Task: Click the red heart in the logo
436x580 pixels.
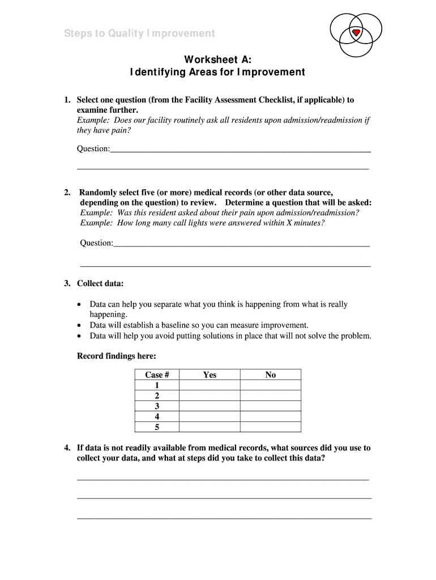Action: pyautogui.click(x=356, y=33)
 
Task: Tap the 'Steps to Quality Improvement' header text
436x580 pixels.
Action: pyautogui.click(x=139, y=33)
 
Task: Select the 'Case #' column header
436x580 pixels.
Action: pyautogui.click(x=157, y=374)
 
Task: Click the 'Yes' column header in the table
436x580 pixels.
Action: pyautogui.click(x=210, y=374)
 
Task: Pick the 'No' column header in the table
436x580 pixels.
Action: pyautogui.click(x=270, y=374)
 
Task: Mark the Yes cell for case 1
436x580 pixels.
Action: pyautogui.click(x=210, y=385)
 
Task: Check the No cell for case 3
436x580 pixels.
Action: pyautogui.click(x=270, y=406)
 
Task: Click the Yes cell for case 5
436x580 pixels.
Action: pyautogui.click(x=210, y=427)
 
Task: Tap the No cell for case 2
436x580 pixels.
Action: pyautogui.click(x=270, y=395)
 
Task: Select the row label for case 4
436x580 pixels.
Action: pyautogui.click(x=157, y=417)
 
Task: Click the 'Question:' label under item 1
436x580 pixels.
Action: pyautogui.click(x=93, y=148)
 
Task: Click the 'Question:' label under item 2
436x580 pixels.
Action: pyautogui.click(x=97, y=242)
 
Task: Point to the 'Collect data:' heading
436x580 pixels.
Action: pyautogui.click(x=100, y=283)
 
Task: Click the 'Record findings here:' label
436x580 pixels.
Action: pyautogui.click(x=116, y=356)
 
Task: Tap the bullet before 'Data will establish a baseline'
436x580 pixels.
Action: pyautogui.click(x=79, y=326)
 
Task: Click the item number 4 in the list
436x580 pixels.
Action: pyautogui.click(x=67, y=448)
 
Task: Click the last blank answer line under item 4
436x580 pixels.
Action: pyautogui.click(x=224, y=518)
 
